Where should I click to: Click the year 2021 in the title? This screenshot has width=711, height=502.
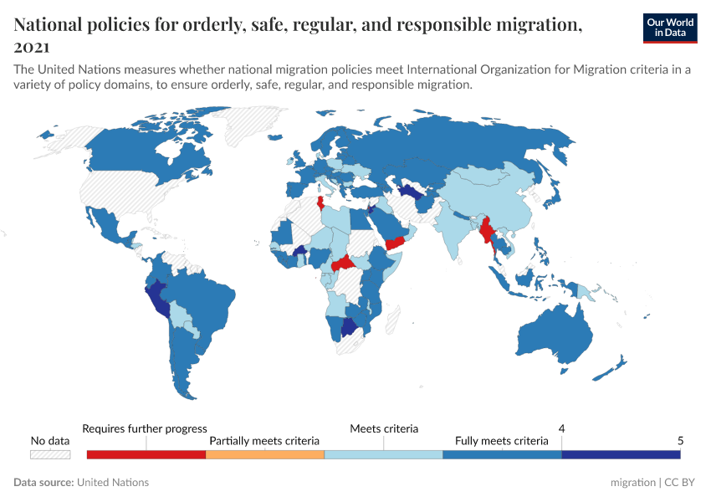pos(31,47)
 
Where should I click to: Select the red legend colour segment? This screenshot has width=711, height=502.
pos(146,454)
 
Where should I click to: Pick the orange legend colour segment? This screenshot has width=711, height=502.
pos(264,454)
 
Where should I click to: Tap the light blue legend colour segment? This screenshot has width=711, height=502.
pos(383,454)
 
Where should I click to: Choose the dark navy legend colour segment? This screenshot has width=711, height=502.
pos(621,454)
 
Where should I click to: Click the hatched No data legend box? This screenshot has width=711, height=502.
pos(49,454)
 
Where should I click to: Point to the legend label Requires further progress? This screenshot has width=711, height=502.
pos(145,428)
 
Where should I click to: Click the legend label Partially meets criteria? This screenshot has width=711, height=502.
pos(264,440)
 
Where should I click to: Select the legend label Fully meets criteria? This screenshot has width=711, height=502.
pos(502,440)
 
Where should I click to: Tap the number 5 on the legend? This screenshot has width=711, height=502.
pos(680,440)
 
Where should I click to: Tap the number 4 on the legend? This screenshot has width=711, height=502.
pos(561,428)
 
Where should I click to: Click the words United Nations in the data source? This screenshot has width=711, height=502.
pos(113,483)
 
